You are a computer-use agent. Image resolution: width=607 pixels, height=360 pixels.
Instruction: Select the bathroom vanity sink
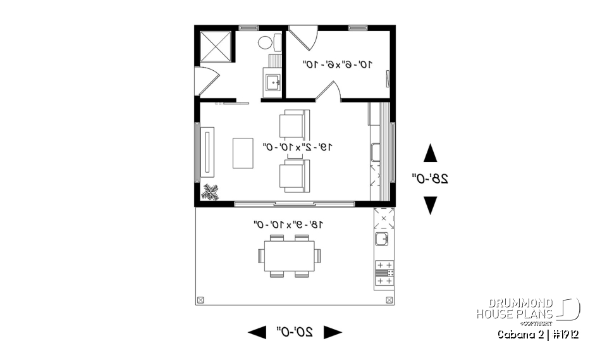click(273, 82)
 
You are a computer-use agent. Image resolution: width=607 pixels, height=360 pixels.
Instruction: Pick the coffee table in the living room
click(243, 152)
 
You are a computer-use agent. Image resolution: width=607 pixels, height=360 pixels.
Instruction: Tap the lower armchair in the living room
click(294, 175)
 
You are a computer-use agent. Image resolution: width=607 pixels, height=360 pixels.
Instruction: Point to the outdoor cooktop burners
click(384, 273)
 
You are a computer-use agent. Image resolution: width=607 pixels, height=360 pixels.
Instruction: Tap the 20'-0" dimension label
click(295, 332)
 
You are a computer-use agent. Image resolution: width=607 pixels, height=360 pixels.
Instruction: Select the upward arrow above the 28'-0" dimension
click(430, 153)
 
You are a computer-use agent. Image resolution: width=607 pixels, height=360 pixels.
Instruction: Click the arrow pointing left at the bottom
click(257, 332)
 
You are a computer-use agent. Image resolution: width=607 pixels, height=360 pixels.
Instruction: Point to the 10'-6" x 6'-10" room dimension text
click(338, 64)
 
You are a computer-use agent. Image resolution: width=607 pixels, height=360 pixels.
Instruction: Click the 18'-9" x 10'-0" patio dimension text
click(288, 224)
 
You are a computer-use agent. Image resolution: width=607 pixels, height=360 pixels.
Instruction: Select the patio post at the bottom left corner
click(201, 300)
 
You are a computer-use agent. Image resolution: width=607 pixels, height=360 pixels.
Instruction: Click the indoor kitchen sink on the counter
click(374, 152)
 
